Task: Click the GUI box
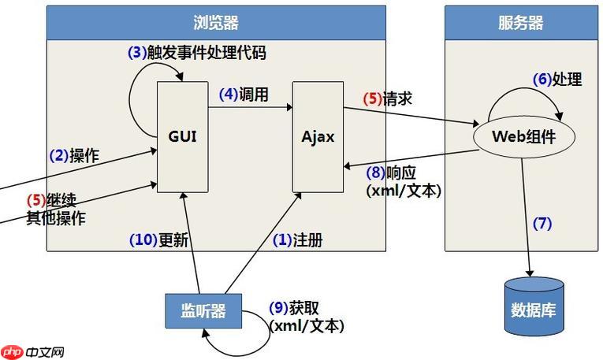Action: point(182,135)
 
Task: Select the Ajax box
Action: point(318,135)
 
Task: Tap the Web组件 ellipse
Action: point(523,135)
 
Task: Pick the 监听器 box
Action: point(203,310)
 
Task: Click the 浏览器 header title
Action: point(215,22)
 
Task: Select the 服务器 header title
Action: point(520,22)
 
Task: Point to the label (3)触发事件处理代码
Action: point(196,53)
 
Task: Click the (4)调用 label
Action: point(244,95)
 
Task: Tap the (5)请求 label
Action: point(387,99)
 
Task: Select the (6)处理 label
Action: point(557,79)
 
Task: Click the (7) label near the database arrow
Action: point(542,223)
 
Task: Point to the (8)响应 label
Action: point(390,173)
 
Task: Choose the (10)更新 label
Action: point(158,240)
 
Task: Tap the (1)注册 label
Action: point(297,240)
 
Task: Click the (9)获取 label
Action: point(294,308)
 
